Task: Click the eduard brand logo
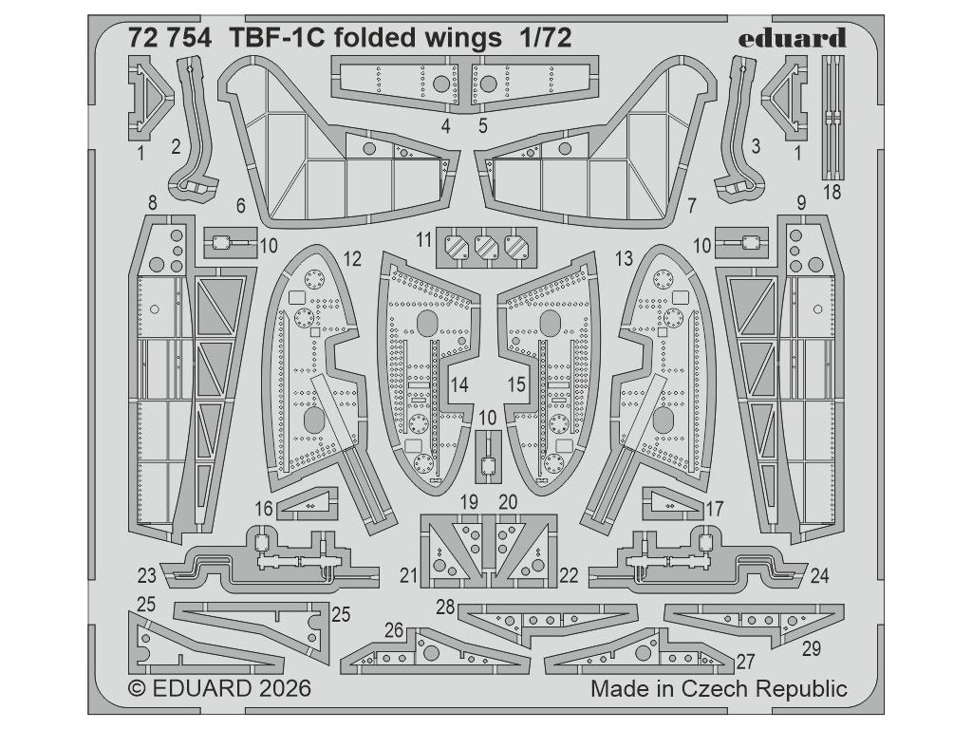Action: [x=792, y=38]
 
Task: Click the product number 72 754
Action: [x=170, y=38]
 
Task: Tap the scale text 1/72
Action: [x=545, y=38]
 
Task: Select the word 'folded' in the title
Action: [x=374, y=38]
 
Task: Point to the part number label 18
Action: [x=832, y=192]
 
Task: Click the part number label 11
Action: [x=423, y=239]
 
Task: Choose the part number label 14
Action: [x=458, y=384]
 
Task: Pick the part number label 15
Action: [x=516, y=384]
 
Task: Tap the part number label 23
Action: [x=147, y=575]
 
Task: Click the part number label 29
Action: [x=811, y=648]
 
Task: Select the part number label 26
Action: [x=394, y=630]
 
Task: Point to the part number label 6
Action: [x=240, y=205]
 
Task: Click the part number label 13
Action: [x=625, y=258]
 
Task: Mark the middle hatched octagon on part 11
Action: [x=486, y=247]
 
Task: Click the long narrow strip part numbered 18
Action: [x=833, y=115]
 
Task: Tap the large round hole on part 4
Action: [x=441, y=84]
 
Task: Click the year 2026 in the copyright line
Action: [x=281, y=689]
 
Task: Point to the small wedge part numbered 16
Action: [x=307, y=504]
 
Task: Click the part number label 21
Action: [x=408, y=575]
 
